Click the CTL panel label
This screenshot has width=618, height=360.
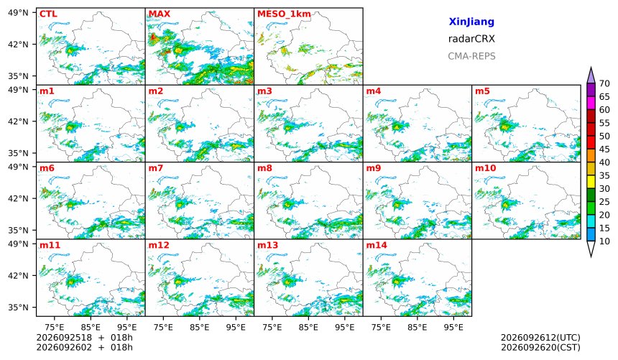pos(48,14)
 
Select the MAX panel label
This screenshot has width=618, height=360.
pos(160,14)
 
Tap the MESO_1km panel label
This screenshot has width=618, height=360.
pos(284,14)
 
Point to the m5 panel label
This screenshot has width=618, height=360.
pos(482,91)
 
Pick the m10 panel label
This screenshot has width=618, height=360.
pos(485,168)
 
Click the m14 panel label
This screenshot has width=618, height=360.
pos(377,245)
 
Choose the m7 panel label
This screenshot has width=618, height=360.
pos(156,168)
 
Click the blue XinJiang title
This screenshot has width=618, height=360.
pos(471,22)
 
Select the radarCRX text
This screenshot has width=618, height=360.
pos(471,39)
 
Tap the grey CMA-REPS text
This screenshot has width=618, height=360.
pos(471,56)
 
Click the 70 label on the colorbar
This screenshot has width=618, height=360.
pos(604,83)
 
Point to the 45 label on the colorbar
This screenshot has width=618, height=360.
pos(604,149)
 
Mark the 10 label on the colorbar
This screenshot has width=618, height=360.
pos(604,241)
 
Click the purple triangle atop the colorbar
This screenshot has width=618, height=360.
pos(591,75)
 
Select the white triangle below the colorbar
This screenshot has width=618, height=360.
pos(591,249)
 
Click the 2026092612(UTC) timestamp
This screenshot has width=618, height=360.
pos(540,338)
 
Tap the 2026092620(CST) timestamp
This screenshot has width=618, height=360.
pos(540,347)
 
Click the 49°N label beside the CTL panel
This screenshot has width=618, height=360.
pos(18,13)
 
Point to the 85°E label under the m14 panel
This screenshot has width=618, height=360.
pos(417,327)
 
